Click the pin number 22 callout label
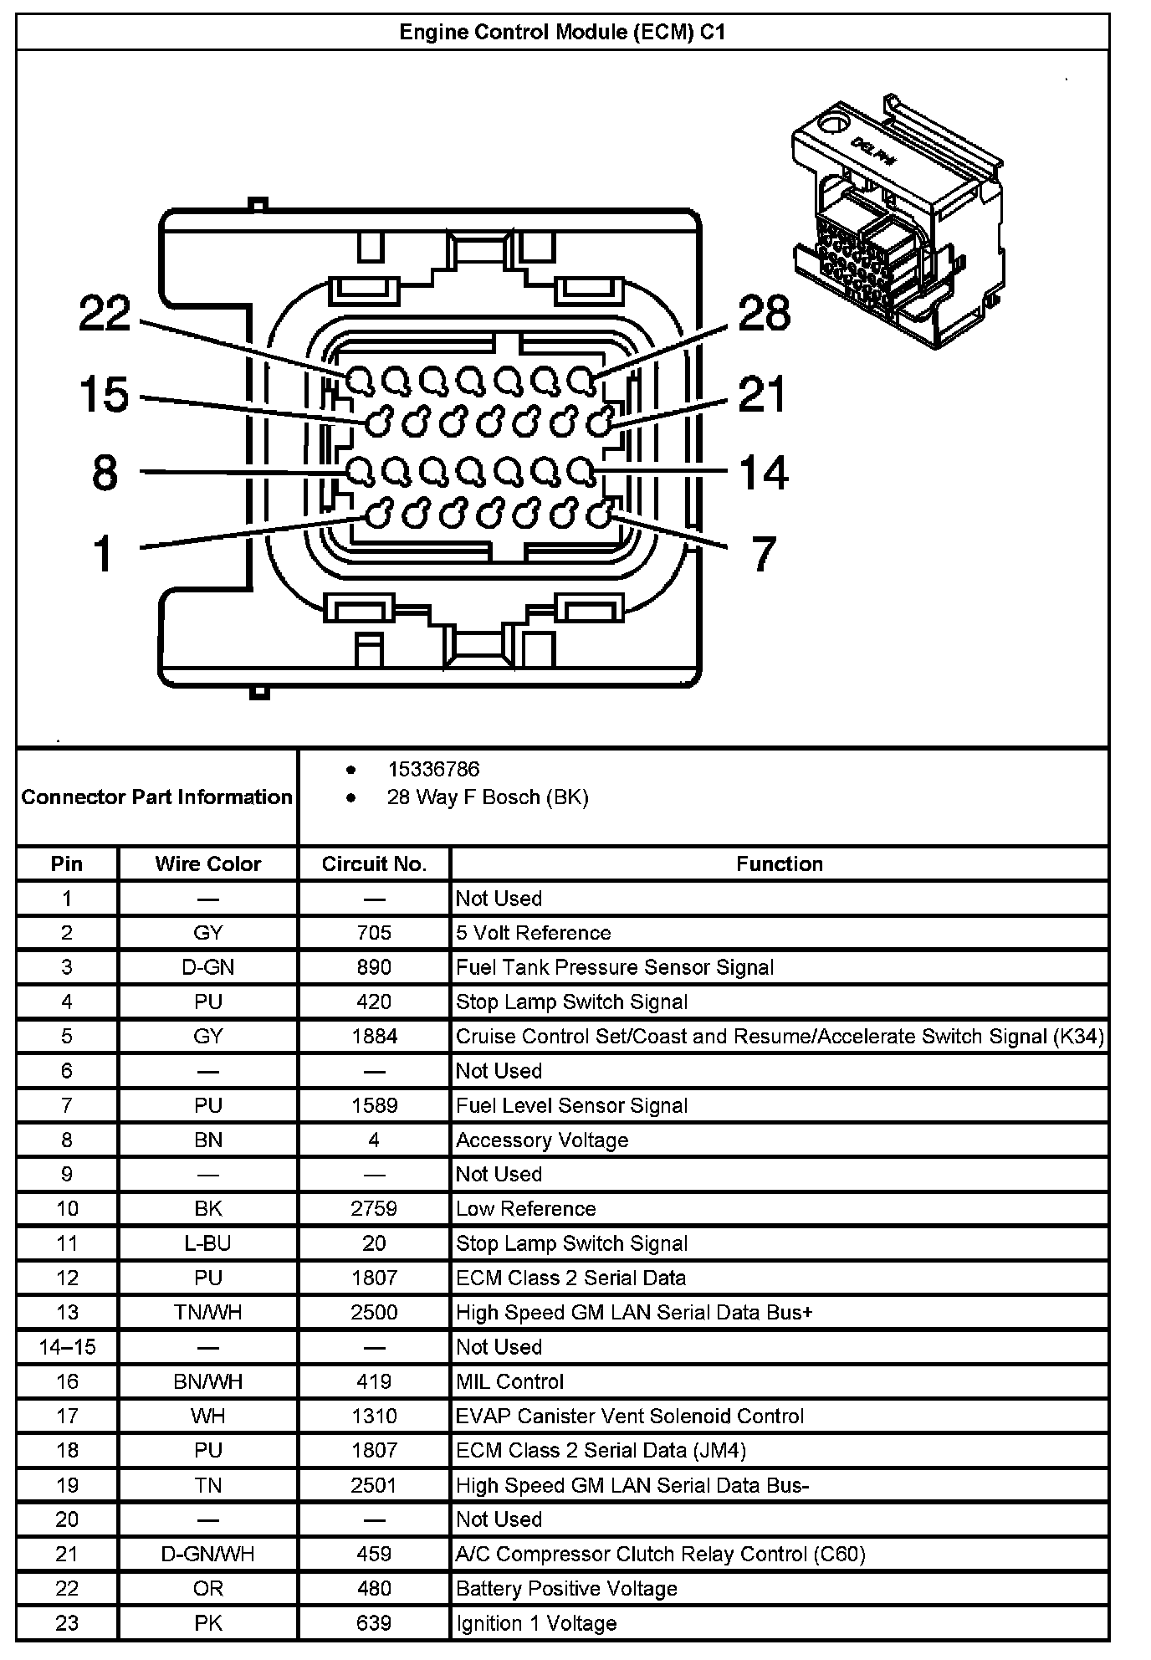tap(105, 315)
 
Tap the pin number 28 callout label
tap(764, 315)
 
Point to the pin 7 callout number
tap(763, 554)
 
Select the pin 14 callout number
tap(764, 473)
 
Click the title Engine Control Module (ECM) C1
tap(562, 33)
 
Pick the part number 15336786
tap(433, 769)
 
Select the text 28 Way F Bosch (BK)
tap(488, 797)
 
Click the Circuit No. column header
tap(374, 863)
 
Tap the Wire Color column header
tap(207, 863)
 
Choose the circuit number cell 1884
tap(374, 1037)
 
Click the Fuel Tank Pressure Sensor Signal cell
tap(615, 967)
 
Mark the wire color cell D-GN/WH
tap(207, 1554)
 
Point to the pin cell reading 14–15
tap(67, 1347)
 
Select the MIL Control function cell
tap(510, 1381)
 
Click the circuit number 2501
tap(374, 1485)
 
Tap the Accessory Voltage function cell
tap(542, 1140)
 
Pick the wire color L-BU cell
tap(207, 1243)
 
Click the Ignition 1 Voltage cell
tap(536, 1623)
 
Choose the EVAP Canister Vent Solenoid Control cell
tap(630, 1416)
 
